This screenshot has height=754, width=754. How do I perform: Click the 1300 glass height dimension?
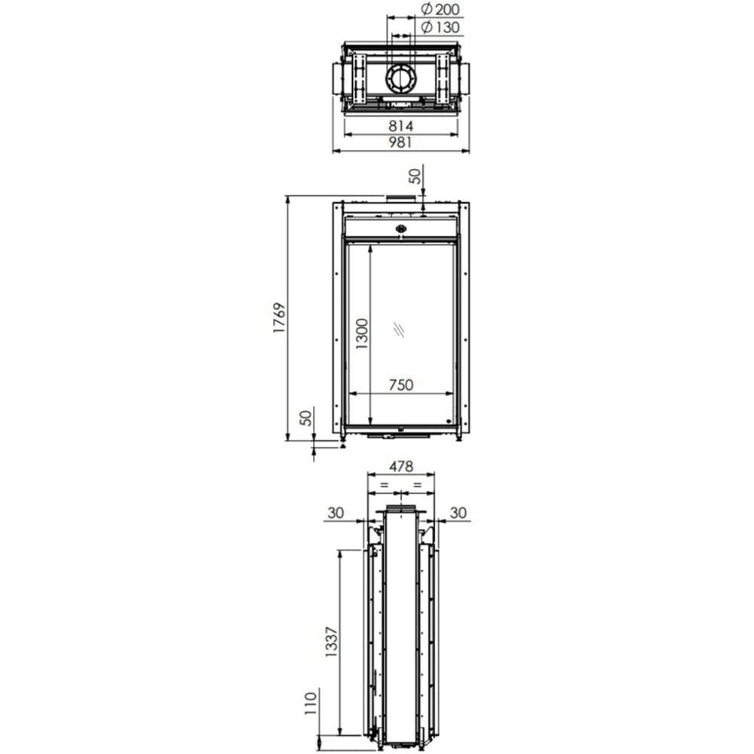[x=362, y=334]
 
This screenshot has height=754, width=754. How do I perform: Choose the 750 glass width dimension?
[x=400, y=385]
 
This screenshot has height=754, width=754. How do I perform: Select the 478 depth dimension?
[x=400, y=467]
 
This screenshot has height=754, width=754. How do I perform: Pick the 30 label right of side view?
[x=458, y=513]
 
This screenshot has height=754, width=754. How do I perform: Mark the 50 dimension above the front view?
[x=415, y=176]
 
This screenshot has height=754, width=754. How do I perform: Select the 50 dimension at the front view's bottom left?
[x=305, y=418]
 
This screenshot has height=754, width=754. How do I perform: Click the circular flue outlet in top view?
[x=400, y=77]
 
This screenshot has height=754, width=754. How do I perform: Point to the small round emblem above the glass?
[x=400, y=229]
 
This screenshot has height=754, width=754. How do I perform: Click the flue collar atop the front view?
[x=400, y=199]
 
